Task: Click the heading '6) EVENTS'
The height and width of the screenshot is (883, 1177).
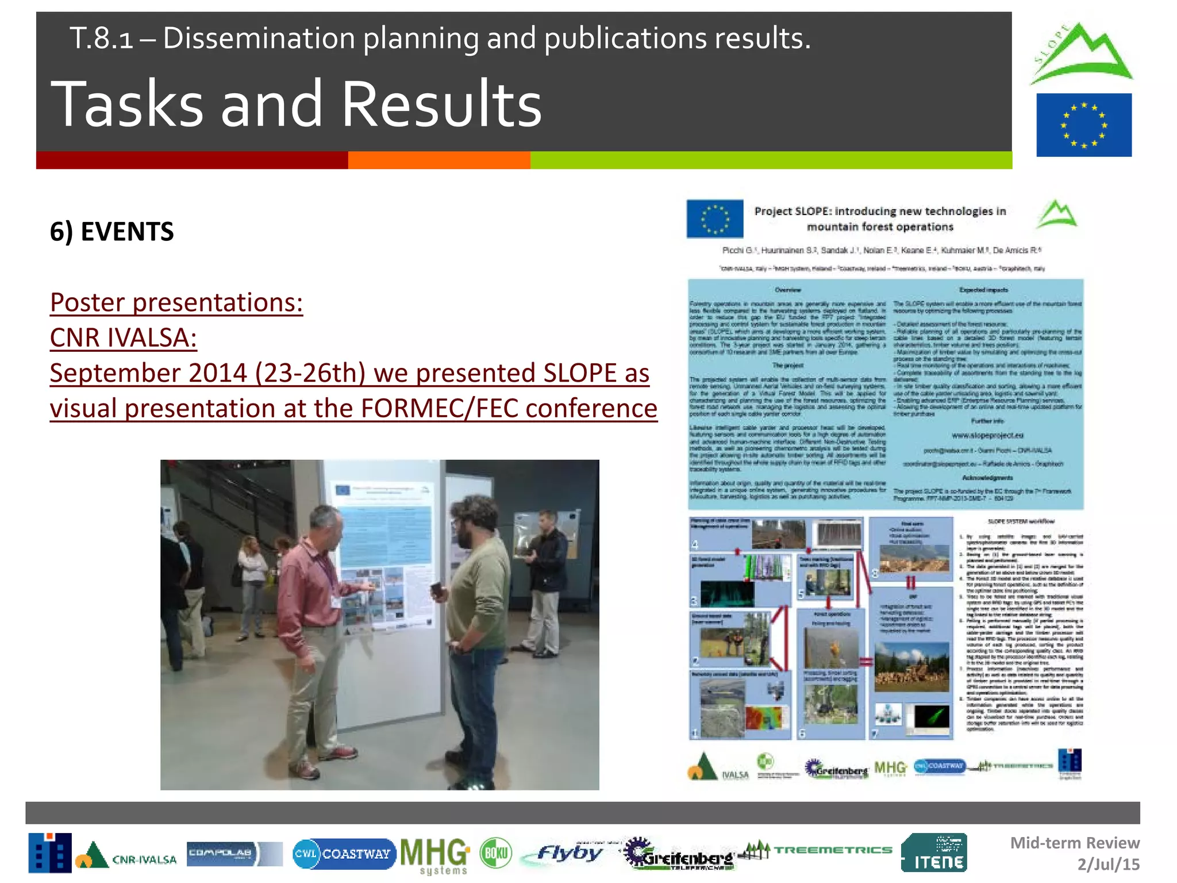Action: [111, 232]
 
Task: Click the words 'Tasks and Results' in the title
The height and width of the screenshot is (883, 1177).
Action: [296, 104]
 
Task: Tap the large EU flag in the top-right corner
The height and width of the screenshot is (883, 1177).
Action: [1083, 125]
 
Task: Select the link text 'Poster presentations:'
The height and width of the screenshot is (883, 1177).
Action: [176, 302]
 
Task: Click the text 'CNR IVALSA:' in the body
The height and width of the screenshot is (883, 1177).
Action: [123, 337]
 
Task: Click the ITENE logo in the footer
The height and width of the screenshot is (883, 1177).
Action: [934, 853]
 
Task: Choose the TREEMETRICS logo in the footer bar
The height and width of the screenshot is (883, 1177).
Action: [816, 850]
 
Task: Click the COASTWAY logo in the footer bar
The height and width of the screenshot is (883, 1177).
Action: [344, 854]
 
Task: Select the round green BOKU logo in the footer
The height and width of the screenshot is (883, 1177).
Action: [495, 853]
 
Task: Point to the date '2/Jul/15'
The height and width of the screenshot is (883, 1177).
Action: [1108, 865]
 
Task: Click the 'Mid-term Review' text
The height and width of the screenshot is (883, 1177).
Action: [1075, 843]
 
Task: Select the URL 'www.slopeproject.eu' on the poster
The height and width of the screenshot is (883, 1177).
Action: [987, 435]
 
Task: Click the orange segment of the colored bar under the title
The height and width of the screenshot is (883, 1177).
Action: [439, 160]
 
